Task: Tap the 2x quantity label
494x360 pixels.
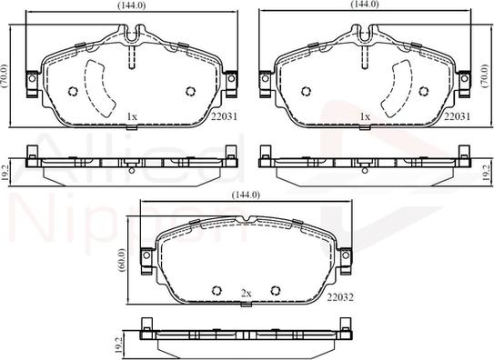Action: pyautogui.click(x=246, y=293)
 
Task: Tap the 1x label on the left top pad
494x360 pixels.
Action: pyautogui.click(x=132, y=116)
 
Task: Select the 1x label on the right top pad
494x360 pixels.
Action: pyautogui.click(x=366, y=116)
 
